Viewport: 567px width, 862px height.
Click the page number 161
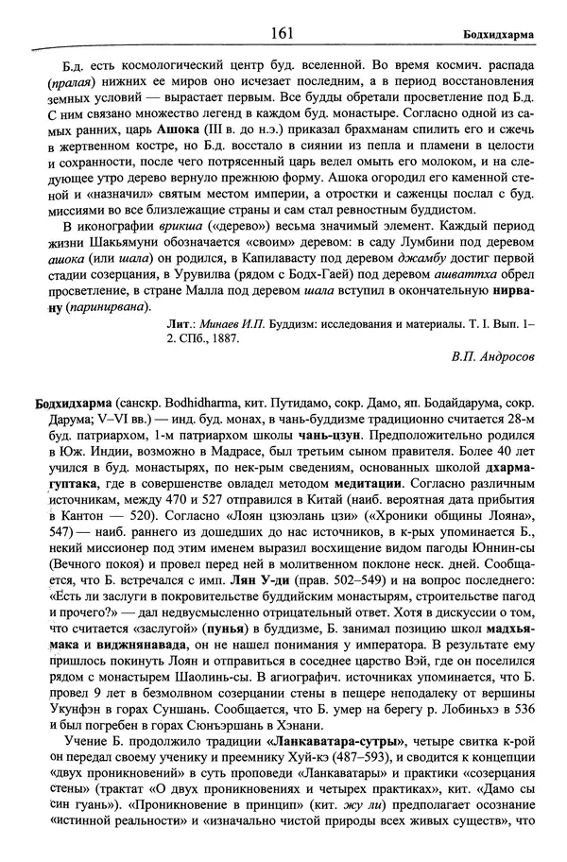283,33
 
